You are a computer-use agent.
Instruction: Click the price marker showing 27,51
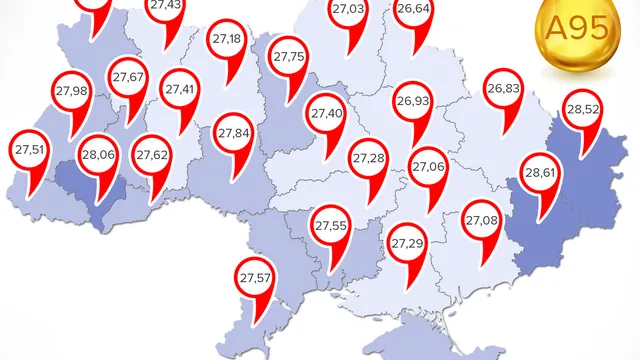[x=30, y=151]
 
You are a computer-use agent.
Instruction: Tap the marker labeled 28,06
[x=99, y=155]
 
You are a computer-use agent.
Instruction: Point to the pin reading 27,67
[x=129, y=78]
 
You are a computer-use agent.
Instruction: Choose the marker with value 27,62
[x=153, y=155]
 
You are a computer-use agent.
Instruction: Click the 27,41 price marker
[x=181, y=90]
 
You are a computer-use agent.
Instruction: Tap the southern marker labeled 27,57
[x=255, y=277]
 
